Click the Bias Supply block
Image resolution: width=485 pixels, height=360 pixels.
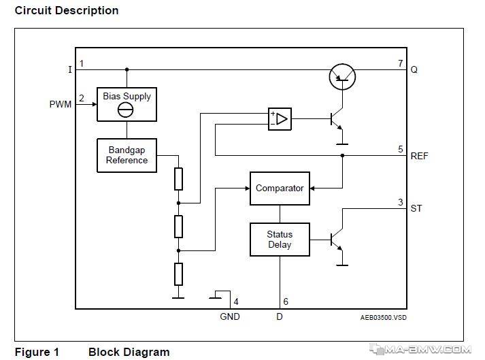127,104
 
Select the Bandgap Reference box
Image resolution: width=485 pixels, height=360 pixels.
127,155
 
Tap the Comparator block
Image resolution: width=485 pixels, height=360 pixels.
280,189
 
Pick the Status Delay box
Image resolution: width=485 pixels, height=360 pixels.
280,240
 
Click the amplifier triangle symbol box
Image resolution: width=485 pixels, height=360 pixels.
280,119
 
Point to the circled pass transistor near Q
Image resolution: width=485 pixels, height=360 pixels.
342,77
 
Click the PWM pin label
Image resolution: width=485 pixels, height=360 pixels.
61,104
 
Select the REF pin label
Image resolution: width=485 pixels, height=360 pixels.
419,156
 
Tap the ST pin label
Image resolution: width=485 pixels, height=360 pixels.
416,208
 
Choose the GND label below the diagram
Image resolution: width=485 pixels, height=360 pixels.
230,316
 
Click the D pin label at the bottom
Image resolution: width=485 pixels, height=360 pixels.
280,316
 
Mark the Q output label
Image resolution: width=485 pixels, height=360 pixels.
414,69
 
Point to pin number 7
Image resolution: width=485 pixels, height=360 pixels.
401,63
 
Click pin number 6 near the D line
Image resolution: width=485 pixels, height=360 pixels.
286,301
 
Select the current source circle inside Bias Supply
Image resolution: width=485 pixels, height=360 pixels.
126,110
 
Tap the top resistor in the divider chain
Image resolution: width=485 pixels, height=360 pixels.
178,179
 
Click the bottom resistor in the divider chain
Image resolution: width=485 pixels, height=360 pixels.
178,274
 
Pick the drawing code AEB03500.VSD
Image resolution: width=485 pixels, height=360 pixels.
383,318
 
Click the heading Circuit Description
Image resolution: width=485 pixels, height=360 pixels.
67,10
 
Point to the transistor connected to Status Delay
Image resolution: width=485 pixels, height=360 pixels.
339,240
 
